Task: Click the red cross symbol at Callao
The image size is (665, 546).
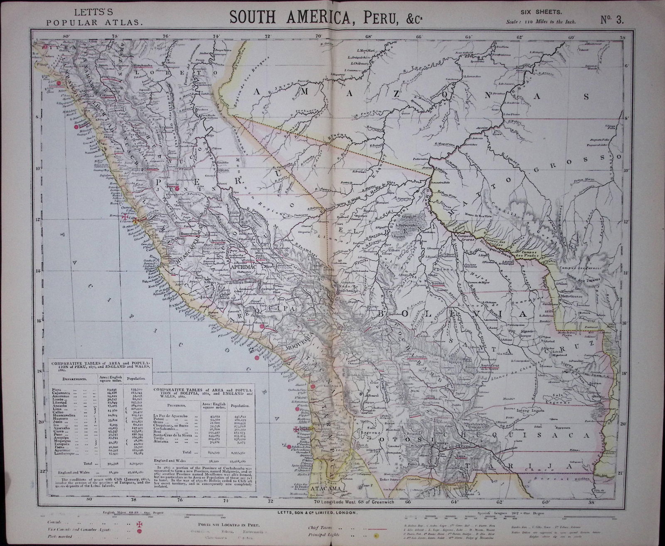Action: [x=126, y=216]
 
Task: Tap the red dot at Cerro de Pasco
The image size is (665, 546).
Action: [x=177, y=189]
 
